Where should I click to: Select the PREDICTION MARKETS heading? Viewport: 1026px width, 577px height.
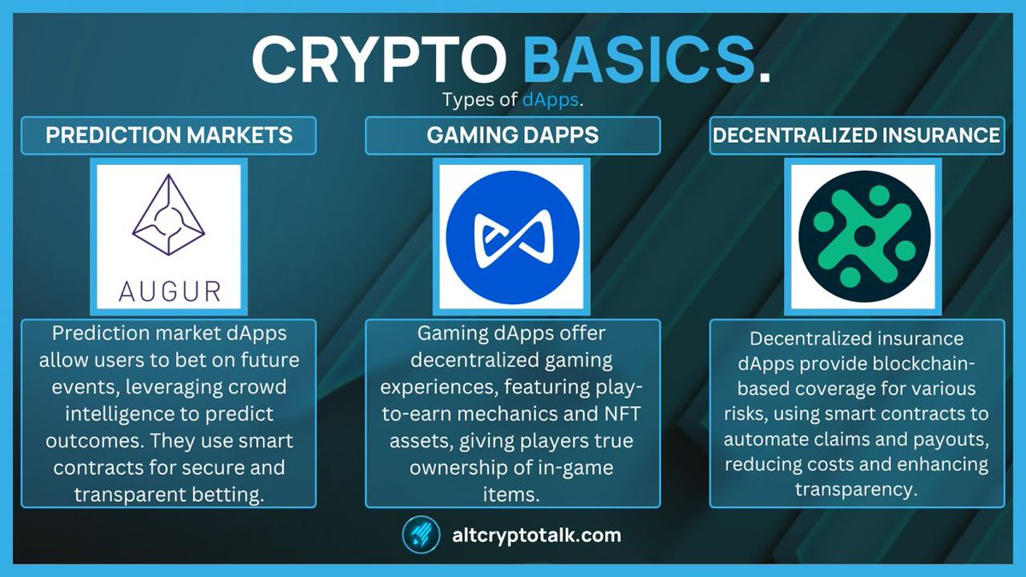pos(169,135)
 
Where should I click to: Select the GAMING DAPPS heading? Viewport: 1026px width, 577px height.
pos(512,135)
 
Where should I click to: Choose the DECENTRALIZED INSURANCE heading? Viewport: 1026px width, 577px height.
pos(856,135)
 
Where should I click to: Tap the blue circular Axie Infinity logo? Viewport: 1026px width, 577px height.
pos(512,235)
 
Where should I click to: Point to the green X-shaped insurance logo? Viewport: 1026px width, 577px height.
pos(864,234)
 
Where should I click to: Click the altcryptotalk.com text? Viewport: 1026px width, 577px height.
pos(536,536)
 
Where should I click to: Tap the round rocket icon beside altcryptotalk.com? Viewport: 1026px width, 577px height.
pos(421,536)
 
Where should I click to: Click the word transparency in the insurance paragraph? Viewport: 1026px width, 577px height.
pos(856,489)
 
